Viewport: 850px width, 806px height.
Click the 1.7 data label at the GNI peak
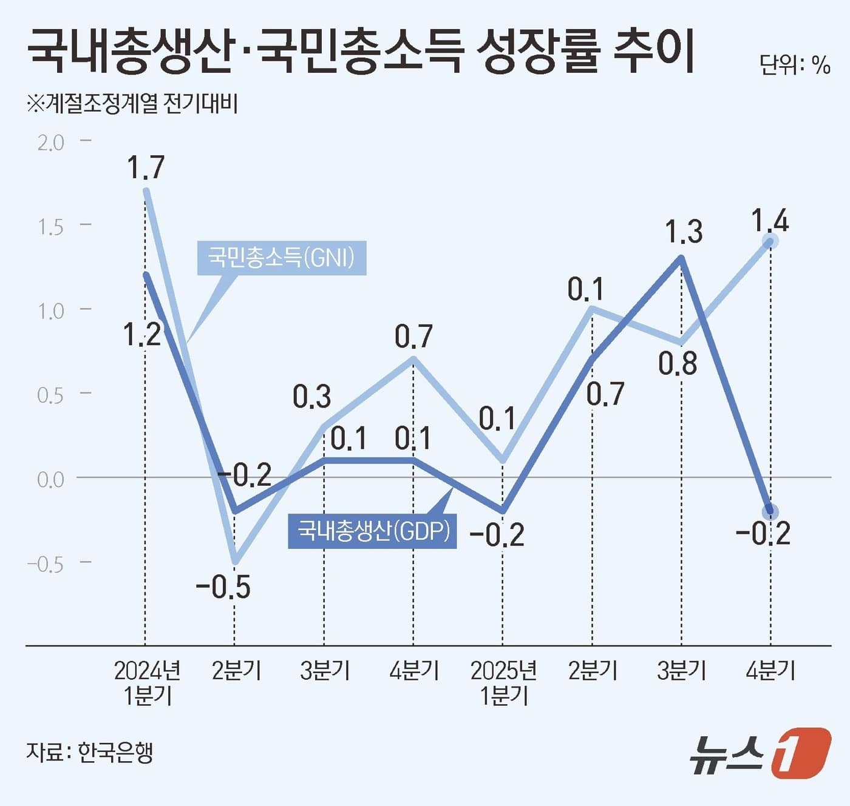coord(146,167)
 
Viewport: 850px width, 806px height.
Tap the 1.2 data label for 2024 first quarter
coord(142,334)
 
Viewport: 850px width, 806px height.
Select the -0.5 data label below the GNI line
coord(223,587)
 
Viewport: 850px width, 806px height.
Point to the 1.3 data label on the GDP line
coord(684,232)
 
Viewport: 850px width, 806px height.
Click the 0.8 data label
coord(678,364)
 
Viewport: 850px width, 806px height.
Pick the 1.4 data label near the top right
coord(770,221)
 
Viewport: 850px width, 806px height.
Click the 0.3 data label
coord(311,397)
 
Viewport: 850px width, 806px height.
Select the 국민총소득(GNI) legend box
coord(282,258)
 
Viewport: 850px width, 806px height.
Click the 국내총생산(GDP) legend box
coord(372,531)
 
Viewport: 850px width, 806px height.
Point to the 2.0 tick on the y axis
coord(50,143)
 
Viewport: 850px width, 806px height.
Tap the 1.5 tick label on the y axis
coord(50,227)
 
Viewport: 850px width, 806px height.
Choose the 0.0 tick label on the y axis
coord(50,480)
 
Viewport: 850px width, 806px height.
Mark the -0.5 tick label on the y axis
coord(46,565)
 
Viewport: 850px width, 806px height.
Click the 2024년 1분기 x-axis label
coord(147,682)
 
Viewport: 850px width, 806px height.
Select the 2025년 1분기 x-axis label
coord(503,682)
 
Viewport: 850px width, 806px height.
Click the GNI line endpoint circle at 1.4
coord(770,241)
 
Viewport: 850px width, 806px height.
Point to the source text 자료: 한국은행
coord(89,752)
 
